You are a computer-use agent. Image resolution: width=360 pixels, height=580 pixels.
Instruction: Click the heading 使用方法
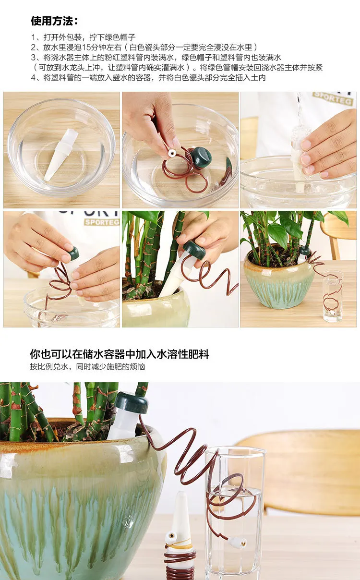click(x=54, y=21)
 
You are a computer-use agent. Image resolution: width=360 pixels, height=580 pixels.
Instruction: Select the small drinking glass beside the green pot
click(x=333, y=296)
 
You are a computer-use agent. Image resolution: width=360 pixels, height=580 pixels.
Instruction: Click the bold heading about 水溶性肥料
click(x=120, y=354)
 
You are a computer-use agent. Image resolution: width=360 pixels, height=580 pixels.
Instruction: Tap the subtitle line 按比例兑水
click(x=87, y=367)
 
